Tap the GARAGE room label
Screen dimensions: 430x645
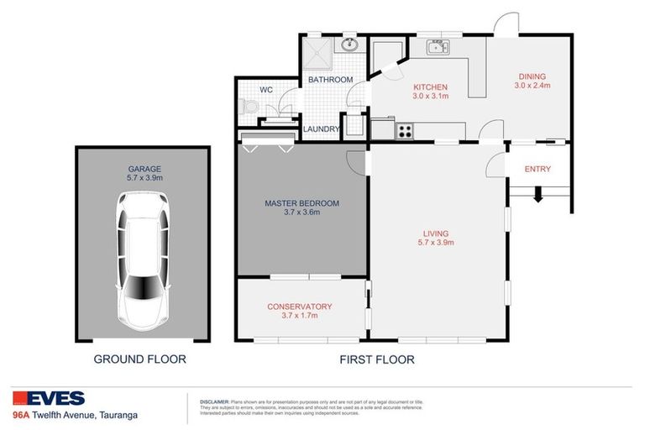tap(139, 169)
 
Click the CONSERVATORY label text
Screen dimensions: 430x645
tap(300, 307)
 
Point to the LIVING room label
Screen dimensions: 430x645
tap(436, 233)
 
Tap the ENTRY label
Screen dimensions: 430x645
tap(537, 169)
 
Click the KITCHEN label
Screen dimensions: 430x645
tap(428, 87)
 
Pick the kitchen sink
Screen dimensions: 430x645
tap(438, 48)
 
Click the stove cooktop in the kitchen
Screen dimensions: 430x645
tap(404, 130)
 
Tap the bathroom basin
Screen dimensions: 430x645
tap(349, 45)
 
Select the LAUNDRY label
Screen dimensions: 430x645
tap(321, 129)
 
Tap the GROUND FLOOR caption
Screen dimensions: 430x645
tap(139, 359)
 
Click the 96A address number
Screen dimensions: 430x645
tap(21, 415)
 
